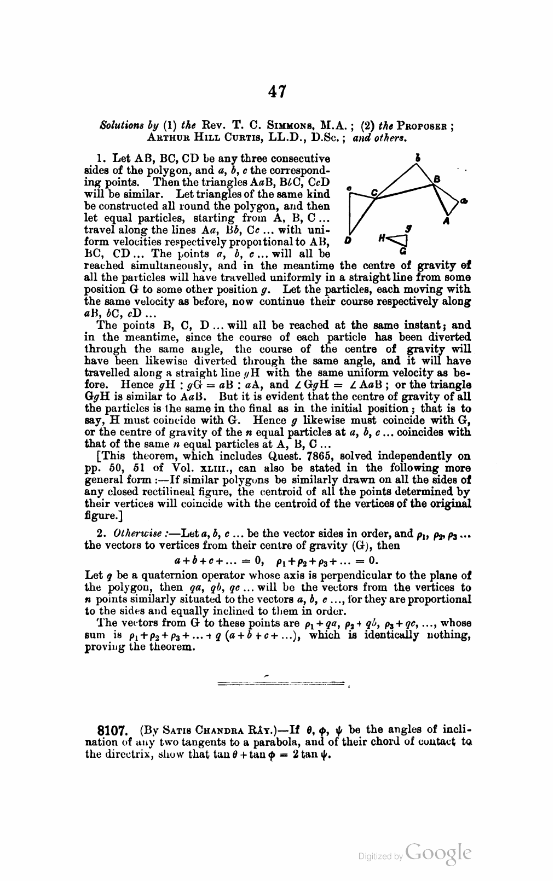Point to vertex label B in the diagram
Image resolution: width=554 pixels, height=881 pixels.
point(436,179)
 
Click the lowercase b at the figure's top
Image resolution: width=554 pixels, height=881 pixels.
point(418,158)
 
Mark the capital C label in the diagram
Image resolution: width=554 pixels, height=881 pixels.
point(374,192)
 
